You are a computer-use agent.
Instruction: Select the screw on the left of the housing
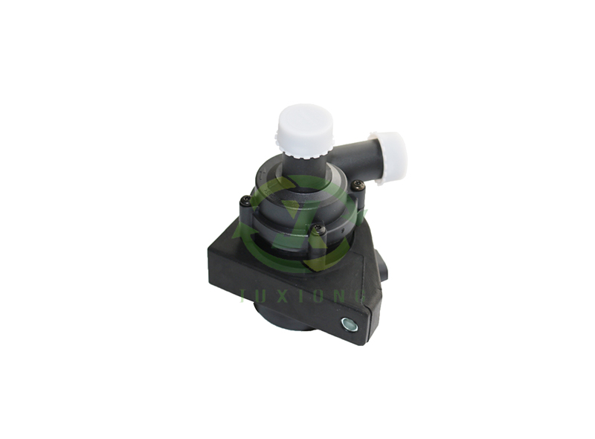(x=245, y=200)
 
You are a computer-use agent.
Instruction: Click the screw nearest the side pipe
(x=358, y=185)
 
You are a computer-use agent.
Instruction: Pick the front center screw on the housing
(x=318, y=230)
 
